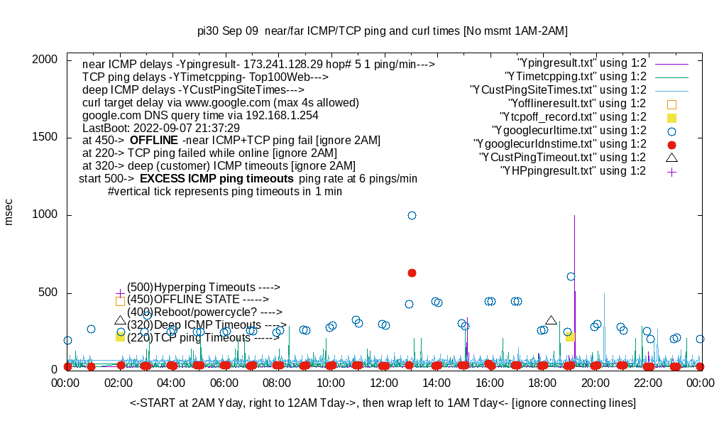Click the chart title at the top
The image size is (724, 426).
[x=382, y=31]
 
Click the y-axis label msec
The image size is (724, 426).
[x=9, y=213]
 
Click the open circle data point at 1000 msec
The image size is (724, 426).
[x=412, y=215]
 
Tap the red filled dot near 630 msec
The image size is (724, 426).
[x=412, y=273]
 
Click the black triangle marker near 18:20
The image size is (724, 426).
[x=551, y=320]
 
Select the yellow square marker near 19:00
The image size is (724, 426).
[x=570, y=337]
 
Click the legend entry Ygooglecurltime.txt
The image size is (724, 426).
[x=569, y=130]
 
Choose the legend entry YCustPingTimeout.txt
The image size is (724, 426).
[x=562, y=157]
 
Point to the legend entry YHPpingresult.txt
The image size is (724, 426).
[x=573, y=170]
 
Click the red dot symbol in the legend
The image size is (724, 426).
[x=671, y=143]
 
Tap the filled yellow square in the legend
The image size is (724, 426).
[x=671, y=117]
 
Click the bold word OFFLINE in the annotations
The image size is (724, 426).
[x=153, y=141]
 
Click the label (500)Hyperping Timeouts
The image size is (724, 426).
[x=204, y=287]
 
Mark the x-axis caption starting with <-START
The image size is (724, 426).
[x=383, y=403]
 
